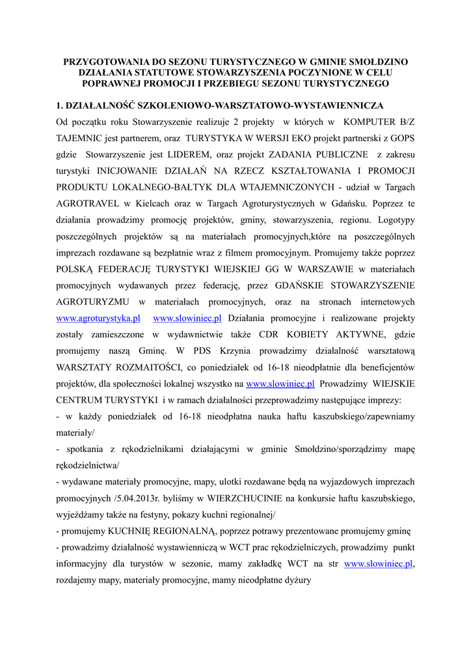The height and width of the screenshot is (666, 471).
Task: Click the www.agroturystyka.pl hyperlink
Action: pos(98,318)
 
